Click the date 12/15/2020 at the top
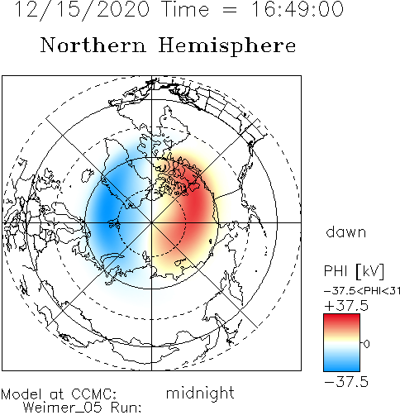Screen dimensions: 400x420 click(x=82, y=10)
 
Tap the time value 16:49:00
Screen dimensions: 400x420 click(x=298, y=9)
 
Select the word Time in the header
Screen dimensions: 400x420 click(x=186, y=9)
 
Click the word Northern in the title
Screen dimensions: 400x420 click(x=93, y=45)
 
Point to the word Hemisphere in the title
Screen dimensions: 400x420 click(x=227, y=45)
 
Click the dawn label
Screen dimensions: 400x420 click(x=346, y=232)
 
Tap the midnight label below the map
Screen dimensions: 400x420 click(x=200, y=393)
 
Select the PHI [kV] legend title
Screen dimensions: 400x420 click(x=354, y=271)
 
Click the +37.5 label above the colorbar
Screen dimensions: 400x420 click(x=346, y=306)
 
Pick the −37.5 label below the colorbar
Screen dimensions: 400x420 click(x=346, y=382)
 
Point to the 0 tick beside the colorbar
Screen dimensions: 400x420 click(x=366, y=344)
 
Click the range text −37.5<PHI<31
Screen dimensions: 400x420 click(x=362, y=291)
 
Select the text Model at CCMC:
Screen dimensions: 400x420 click(x=59, y=394)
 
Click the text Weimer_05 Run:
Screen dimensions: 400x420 click(x=82, y=408)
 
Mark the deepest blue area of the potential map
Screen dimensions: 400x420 click(x=106, y=209)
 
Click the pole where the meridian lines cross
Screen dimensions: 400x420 click(x=151, y=222)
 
